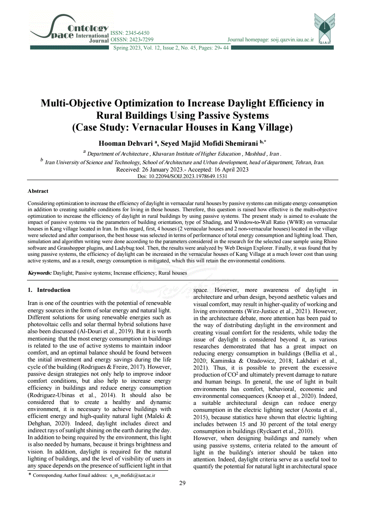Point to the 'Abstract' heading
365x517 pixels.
38,191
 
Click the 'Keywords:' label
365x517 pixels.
40,273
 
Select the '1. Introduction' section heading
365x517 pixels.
49,290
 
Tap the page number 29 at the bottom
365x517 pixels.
182,483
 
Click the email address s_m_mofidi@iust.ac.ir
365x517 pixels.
133,475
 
